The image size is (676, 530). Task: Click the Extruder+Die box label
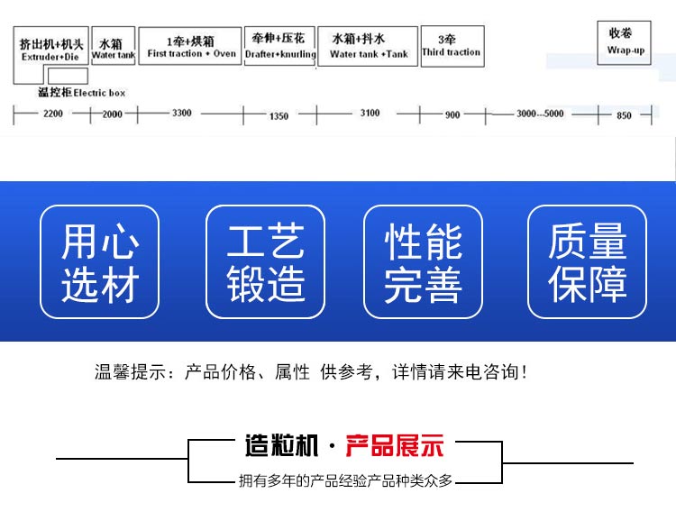(x=50, y=50)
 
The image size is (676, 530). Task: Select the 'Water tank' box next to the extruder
(x=114, y=46)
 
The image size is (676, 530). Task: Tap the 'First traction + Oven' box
(x=190, y=46)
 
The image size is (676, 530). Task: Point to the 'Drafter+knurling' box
(x=279, y=46)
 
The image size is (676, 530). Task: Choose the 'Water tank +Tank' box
(x=368, y=46)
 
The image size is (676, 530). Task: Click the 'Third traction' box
(x=452, y=46)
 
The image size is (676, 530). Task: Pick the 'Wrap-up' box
(x=624, y=42)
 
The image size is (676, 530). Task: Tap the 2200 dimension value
(x=53, y=114)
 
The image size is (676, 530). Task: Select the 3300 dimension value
(x=181, y=113)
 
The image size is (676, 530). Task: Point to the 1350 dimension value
(x=279, y=116)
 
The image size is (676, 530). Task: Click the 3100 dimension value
(x=370, y=113)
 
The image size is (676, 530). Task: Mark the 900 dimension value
(x=452, y=114)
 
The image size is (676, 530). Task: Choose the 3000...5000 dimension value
(x=540, y=114)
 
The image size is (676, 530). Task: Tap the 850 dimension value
(x=624, y=115)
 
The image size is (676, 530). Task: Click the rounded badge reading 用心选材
(x=99, y=261)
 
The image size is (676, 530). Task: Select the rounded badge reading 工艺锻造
(x=266, y=261)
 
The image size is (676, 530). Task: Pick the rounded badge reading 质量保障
(x=587, y=261)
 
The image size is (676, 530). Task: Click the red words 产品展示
(x=395, y=445)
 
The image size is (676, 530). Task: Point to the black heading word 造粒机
(x=282, y=445)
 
